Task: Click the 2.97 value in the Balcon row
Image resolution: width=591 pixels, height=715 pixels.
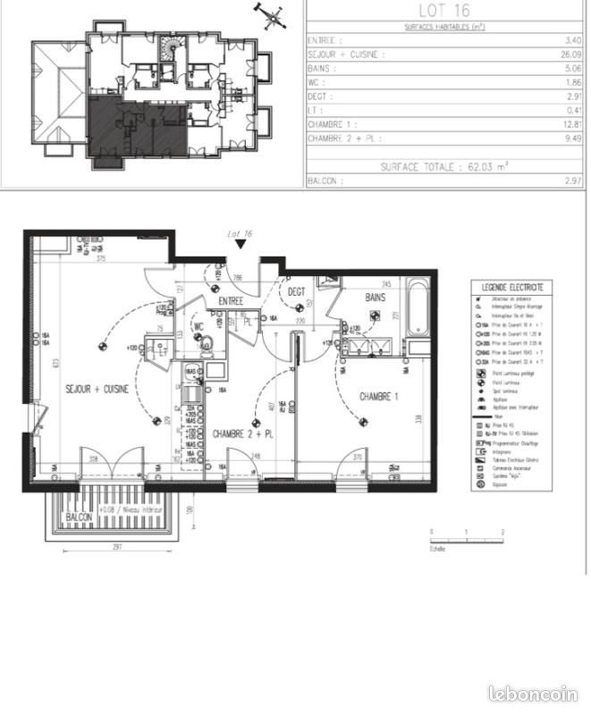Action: click(574, 181)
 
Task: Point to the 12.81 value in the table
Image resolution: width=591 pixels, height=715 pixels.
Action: click(574, 125)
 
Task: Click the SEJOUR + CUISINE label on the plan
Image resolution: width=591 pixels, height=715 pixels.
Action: click(97, 390)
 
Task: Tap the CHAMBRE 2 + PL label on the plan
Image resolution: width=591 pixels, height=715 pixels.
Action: click(242, 433)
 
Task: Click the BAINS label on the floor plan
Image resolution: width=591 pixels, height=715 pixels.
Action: click(376, 297)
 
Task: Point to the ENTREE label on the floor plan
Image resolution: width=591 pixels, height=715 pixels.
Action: click(232, 302)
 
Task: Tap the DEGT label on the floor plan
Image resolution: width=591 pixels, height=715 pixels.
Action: click(297, 291)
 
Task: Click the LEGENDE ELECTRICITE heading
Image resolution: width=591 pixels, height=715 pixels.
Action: click(512, 287)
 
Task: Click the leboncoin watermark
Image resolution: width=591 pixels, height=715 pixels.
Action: click(533, 694)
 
